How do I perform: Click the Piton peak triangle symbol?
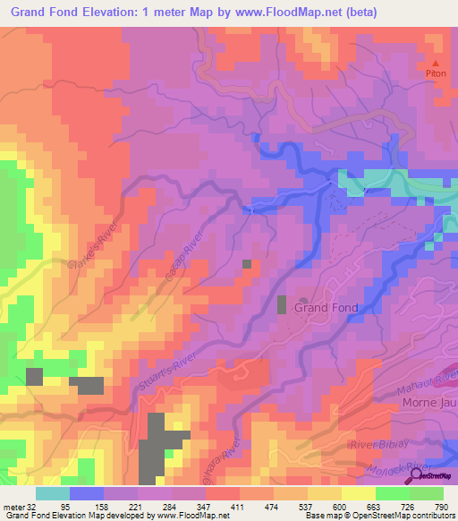click(437, 64)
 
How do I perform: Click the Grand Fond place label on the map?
click(327, 308)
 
